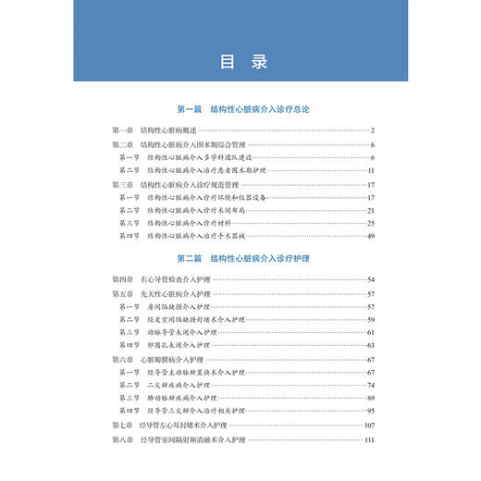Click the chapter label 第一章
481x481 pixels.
click(122, 130)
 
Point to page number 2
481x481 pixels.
click(371, 130)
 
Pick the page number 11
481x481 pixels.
click(369, 171)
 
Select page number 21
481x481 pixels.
click(369, 210)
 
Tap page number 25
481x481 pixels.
click(369, 223)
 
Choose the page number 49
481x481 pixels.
click(369, 237)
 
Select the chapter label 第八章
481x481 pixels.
click(122, 440)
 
